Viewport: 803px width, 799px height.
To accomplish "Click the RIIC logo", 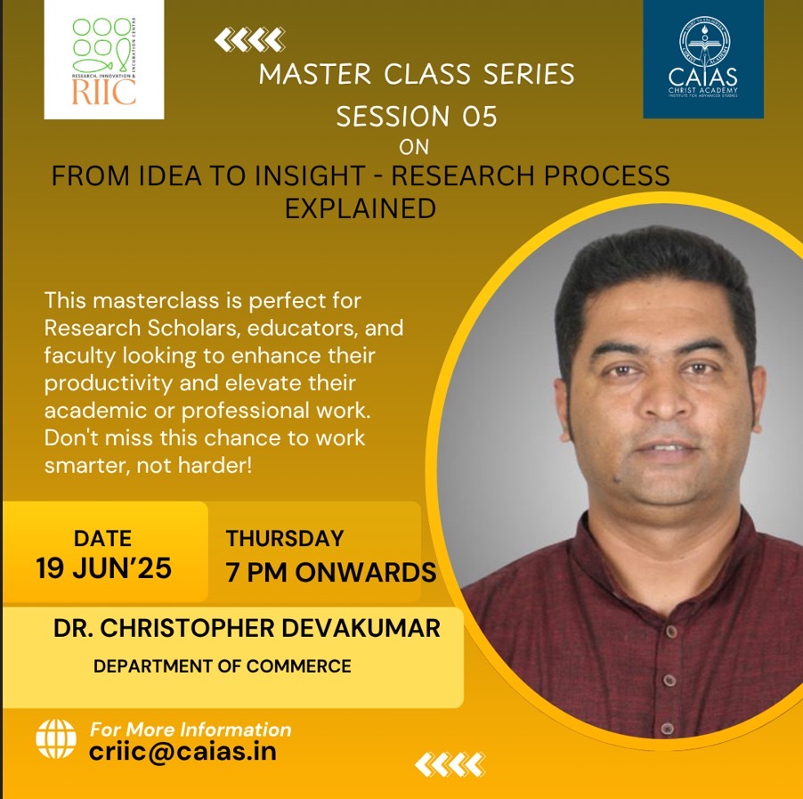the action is (x=104, y=60).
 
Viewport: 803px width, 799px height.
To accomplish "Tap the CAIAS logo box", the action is (x=703, y=59).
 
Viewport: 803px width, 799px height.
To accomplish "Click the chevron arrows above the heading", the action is (x=250, y=40).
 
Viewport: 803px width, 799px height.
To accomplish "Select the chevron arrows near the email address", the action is (x=450, y=764).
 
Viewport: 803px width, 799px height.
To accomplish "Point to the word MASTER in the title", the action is (x=315, y=74).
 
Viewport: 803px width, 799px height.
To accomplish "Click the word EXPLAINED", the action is (x=361, y=208).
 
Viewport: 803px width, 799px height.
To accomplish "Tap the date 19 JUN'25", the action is (x=103, y=568).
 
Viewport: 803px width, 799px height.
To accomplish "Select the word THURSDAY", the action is (x=285, y=539).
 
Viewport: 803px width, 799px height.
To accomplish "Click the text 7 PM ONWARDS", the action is (x=331, y=573).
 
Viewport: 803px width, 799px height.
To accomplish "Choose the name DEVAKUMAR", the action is (x=361, y=628).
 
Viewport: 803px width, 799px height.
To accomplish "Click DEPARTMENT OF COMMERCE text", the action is (x=223, y=666).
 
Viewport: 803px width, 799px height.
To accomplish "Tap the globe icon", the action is (x=56, y=738).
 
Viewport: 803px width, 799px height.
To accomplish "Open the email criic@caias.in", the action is (x=182, y=752).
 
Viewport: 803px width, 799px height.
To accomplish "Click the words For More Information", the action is (x=191, y=730).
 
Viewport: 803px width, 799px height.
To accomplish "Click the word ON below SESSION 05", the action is (x=414, y=148).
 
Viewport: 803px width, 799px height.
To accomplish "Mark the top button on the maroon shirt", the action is (x=671, y=630).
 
